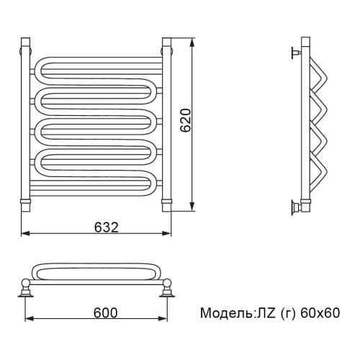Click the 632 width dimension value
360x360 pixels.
107,227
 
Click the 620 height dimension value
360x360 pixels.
186,120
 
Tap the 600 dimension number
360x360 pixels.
106,312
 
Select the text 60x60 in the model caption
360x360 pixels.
320,313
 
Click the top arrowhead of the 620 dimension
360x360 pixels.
192,44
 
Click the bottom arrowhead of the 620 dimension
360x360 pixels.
192,206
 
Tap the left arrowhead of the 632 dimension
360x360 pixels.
26,233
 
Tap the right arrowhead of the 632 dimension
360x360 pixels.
167,233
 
